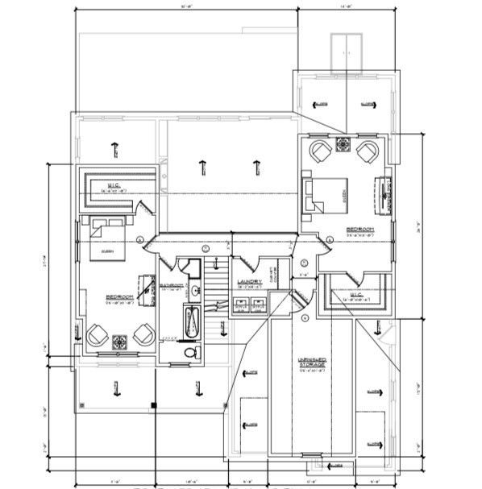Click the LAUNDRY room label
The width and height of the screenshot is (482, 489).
[x=249, y=282]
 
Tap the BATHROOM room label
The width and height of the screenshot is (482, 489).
[x=171, y=285]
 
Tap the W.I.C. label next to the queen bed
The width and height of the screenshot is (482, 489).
[x=114, y=188]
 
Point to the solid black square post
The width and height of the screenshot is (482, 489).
[x=153, y=404]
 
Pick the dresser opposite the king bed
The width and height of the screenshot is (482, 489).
[x=380, y=194]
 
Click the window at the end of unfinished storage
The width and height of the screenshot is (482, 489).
[x=311, y=458]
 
